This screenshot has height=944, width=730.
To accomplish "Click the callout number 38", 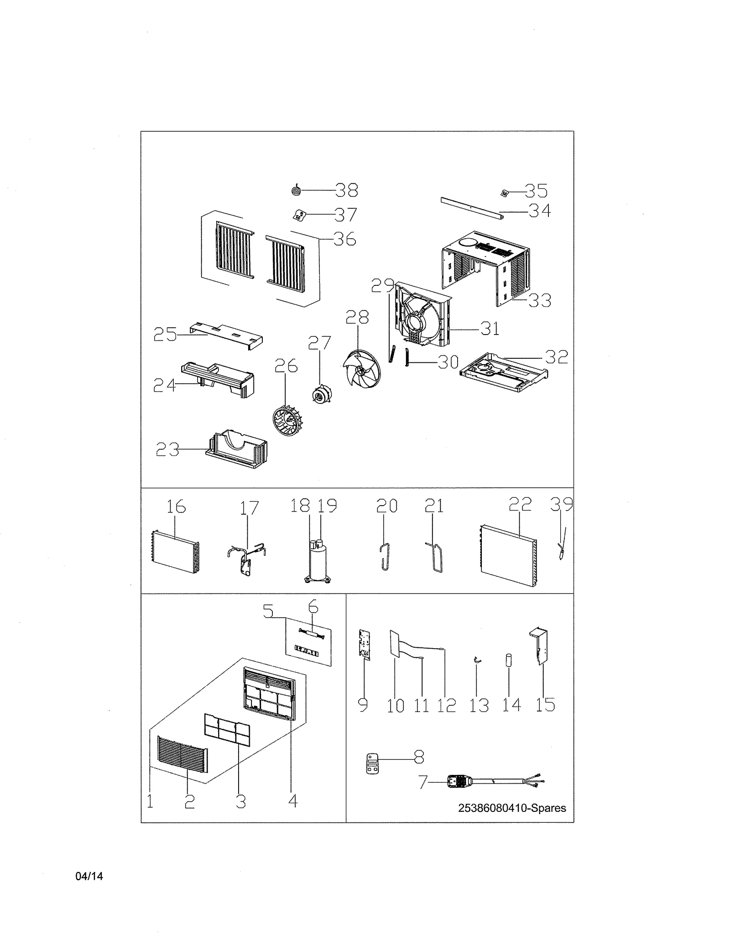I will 347,190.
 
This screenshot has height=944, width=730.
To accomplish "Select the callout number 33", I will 540,300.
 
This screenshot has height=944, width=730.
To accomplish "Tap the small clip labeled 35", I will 504,193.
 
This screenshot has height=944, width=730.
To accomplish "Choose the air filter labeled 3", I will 228,730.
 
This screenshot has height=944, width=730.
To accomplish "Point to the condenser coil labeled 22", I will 508,556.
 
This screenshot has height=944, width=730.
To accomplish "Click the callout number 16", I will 176,506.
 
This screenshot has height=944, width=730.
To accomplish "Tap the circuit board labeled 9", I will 365,645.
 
